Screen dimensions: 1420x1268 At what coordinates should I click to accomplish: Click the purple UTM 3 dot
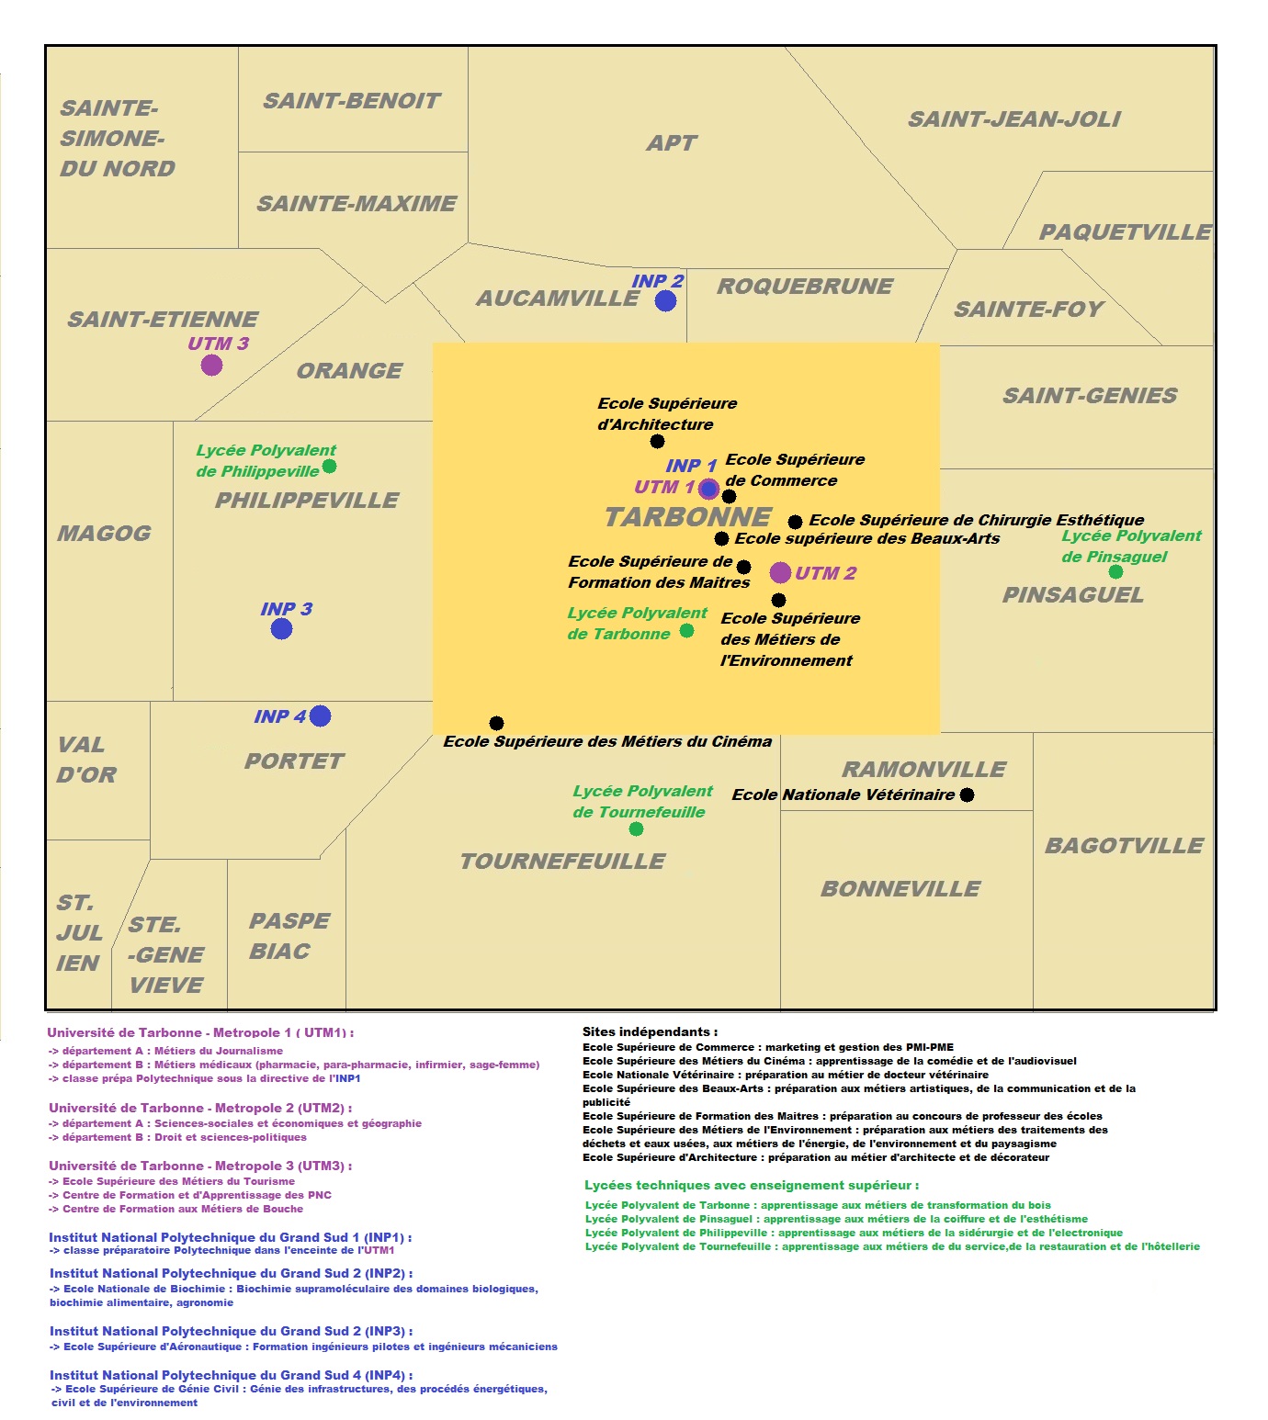click(x=211, y=365)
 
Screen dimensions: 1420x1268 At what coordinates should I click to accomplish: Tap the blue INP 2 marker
click(x=665, y=300)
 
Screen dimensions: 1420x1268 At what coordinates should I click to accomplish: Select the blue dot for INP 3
click(x=281, y=628)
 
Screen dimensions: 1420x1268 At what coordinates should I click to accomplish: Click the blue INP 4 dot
click(x=320, y=716)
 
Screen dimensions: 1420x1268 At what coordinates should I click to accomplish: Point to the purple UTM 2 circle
click(x=780, y=572)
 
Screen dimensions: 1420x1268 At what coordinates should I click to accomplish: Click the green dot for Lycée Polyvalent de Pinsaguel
click(x=1115, y=571)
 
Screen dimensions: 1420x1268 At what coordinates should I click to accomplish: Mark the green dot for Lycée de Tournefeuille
click(x=636, y=828)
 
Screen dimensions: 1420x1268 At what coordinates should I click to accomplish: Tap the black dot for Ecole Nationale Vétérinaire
click(x=967, y=795)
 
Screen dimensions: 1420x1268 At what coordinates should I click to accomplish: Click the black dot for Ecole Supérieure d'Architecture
click(x=657, y=441)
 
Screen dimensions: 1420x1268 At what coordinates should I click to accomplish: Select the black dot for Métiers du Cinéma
click(x=496, y=723)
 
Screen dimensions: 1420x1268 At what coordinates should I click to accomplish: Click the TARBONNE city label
click(x=687, y=517)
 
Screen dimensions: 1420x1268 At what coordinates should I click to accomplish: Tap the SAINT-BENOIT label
click(x=352, y=101)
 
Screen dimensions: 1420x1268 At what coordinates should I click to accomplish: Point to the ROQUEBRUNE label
click(x=805, y=287)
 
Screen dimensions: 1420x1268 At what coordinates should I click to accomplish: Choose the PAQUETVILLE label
click(x=1125, y=232)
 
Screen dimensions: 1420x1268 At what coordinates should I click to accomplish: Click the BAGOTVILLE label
click(x=1124, y=846)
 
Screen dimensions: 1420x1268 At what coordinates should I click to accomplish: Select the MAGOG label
click(x=104, y=534)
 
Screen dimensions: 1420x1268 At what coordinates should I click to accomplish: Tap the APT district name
click(x=672, y=143)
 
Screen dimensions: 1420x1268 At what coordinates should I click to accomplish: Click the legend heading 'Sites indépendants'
click(x=650, y=1031)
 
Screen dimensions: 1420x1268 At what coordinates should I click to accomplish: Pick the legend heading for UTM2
click(x=200, y=1108)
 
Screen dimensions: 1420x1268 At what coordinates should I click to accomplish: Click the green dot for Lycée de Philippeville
click(x=329, y=466)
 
